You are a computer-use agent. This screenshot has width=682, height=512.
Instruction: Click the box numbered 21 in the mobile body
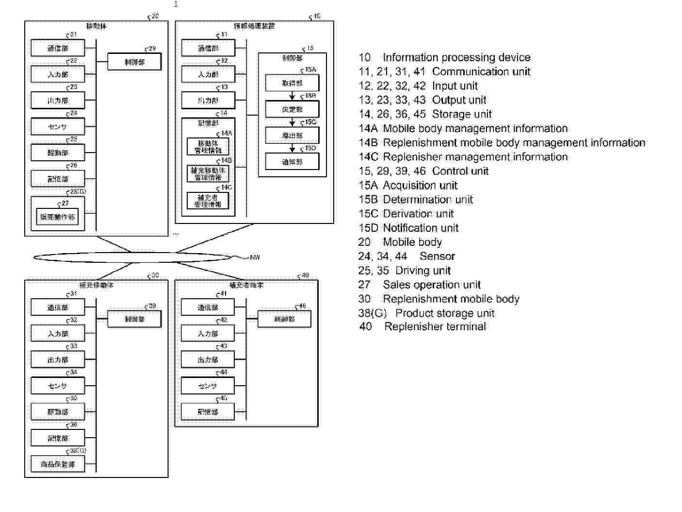[57, 48]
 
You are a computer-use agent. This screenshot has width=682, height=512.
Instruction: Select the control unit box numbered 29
[134, 62]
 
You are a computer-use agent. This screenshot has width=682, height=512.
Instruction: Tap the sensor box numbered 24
[57, 127]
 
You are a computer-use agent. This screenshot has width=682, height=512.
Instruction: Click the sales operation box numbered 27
[57, 217]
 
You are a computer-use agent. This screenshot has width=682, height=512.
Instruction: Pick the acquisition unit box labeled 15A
[292, 83]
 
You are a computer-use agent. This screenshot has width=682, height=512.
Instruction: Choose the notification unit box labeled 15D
[292, 162]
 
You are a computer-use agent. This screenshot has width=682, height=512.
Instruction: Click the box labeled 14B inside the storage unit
[208, 174]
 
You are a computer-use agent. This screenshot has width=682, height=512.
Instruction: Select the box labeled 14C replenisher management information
[208, 201]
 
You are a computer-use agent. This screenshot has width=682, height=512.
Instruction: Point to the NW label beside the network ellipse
[255, 257]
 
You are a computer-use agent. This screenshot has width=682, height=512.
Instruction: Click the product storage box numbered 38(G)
[57, 464]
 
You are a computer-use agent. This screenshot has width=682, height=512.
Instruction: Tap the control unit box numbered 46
[284, 319]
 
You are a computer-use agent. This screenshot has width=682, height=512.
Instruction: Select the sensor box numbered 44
[208, 386]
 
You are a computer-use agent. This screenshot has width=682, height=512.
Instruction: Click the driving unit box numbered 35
[57, 412]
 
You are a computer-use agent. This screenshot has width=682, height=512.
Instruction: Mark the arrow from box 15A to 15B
[292, 96]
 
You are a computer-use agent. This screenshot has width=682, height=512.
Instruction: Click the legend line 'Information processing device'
[456, 57]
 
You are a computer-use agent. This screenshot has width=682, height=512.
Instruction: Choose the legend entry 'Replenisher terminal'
[435, 326]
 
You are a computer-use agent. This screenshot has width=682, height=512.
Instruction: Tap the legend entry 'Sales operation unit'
[431, 285]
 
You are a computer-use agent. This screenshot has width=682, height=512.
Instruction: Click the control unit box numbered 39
[134, 319]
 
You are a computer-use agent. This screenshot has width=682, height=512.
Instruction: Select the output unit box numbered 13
[208, 101]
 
